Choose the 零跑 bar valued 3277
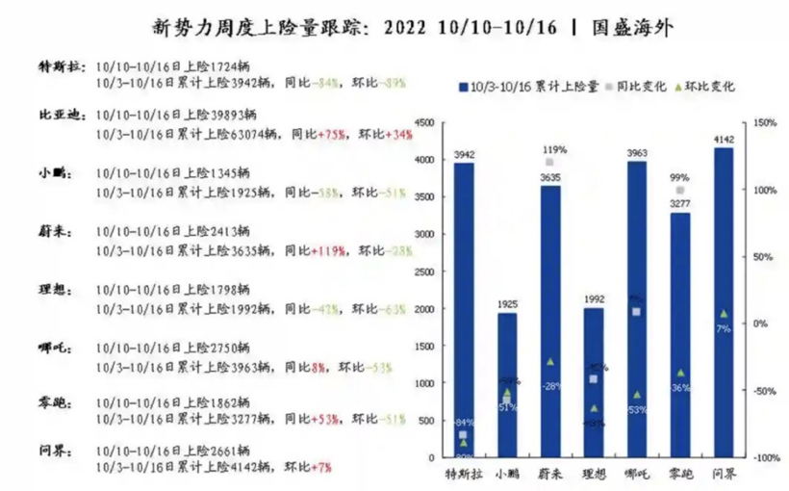coord(679,332)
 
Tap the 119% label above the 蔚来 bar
coord(553,150)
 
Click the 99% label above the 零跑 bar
coord(679,178)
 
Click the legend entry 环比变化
coord(710,87)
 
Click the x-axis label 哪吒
coord(636,475)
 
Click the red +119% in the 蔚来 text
coord(330,251)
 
